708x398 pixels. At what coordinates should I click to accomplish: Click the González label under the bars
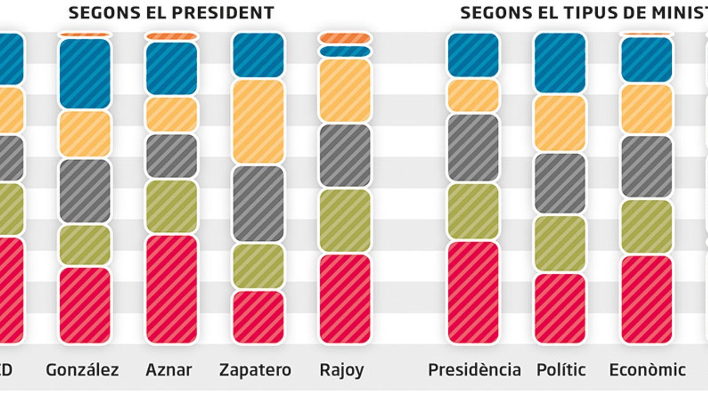pyautogui.click(x=82, y=370)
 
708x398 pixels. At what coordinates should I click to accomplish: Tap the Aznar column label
pyautogui.click(x=169, y=370)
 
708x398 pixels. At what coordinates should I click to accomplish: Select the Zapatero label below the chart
pyautogui.click(x=255, y=370)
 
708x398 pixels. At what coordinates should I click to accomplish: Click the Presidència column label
pyautogui.click(x=474, y=370)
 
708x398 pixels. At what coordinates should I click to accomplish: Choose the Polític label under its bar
pyautogui.click(x=561, y=370)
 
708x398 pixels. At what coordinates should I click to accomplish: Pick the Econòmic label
pyautogui.click(x=647, y=370)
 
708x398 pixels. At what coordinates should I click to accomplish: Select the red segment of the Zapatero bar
pyautogui.click(x=258, y=317)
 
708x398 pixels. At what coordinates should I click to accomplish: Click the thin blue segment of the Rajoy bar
pyautogui.click(x=345, y=51)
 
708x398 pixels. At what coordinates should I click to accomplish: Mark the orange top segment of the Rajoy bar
pyautogui.click(x=345, y=38)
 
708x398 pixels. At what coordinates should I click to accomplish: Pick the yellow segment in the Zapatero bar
pyautogui.click(x=258, y=122)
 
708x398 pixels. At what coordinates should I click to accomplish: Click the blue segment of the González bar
pyautogui.click(x=85, y=73)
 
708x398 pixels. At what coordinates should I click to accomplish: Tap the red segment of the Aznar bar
pyautogui.click(x=172, y=289)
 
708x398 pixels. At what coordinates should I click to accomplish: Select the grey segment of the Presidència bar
pyautogui.click(x=473, y=148)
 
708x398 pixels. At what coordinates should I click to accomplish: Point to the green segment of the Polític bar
pyautogui.click(x=560, y=243)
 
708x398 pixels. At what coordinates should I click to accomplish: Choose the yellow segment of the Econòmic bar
pyautogui.click(x=646, y=109)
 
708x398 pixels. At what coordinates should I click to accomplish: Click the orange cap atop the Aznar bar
pyautogui.click(x=172, y=36)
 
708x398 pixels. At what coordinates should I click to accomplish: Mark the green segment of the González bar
pyautogui.click(x=85, y=245)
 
